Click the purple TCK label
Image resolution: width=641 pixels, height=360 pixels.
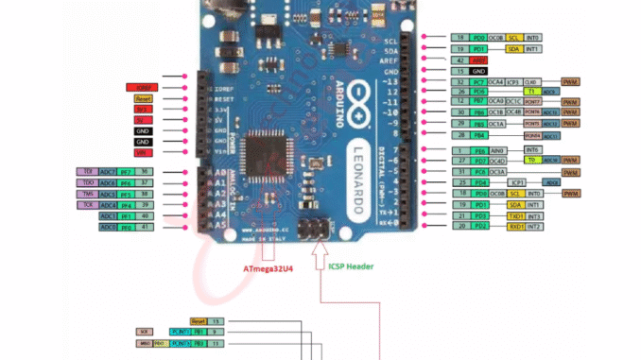click(87, 204)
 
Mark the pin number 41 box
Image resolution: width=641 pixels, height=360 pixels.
click(144, 227)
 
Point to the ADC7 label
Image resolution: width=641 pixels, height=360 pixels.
click(110, 172)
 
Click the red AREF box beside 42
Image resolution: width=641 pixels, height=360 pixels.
click(485, 59)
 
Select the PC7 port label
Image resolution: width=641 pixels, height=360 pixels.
click(480, 82)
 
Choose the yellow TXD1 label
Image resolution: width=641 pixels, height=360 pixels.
click(515, 216)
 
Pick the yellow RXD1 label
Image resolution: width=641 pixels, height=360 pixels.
click(515, 227)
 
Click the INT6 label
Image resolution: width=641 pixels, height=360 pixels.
click(532, 149)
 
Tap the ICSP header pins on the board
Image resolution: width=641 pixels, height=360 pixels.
click(313, 229)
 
